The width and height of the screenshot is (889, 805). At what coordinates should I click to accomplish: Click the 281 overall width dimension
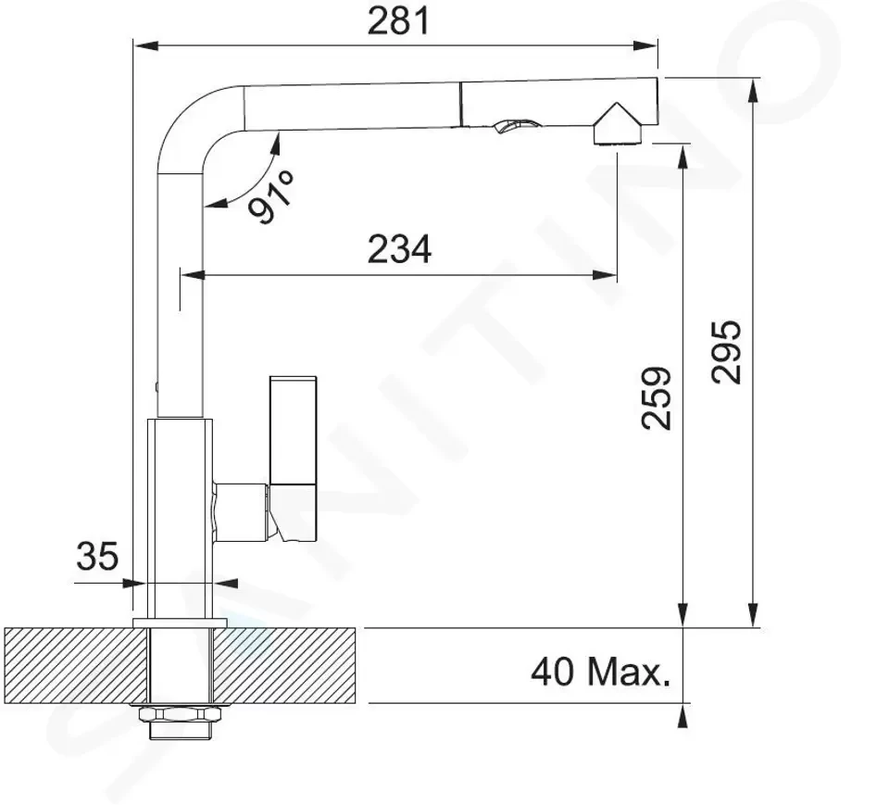point(398,22)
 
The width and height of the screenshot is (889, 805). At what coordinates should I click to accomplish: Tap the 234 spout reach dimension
point(399,249)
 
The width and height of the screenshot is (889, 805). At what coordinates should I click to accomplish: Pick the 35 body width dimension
point(97,556)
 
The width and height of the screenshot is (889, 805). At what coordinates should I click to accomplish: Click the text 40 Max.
point(600,673)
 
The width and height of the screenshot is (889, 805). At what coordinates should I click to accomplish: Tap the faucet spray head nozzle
point(617,125)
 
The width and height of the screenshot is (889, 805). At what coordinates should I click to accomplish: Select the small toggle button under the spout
point(515,126)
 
